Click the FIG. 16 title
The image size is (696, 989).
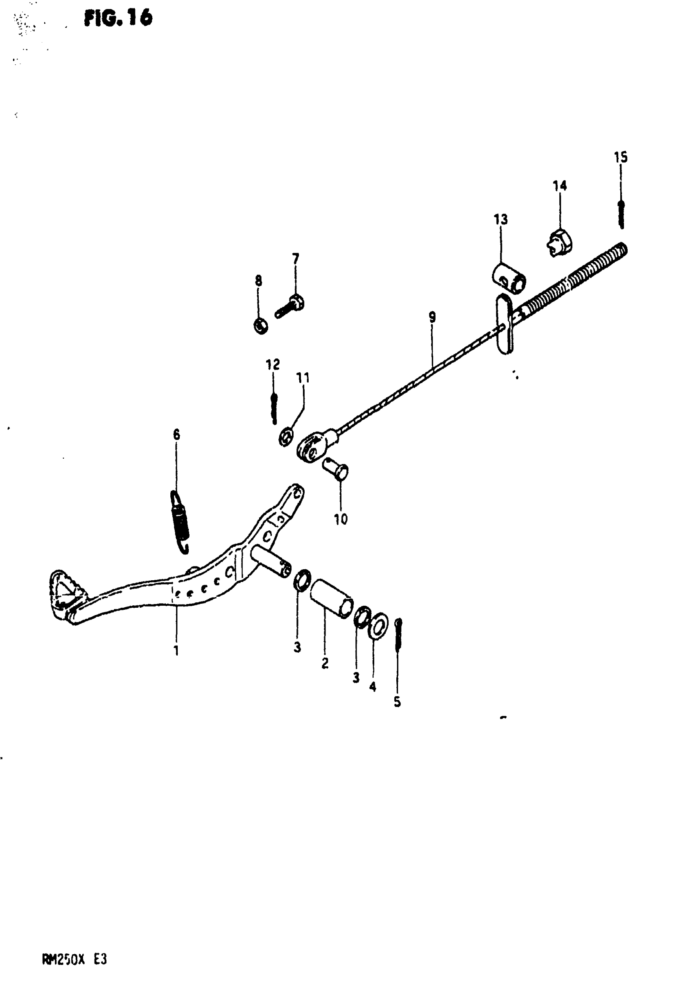pyautogui.click(x=118, y=18)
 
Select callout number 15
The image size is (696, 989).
pyautogui.click(x=621, y=157)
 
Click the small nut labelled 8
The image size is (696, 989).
pyautogui.click(x=260, y=326)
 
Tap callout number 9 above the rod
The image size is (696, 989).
pyautogui.click(x=432, y=317)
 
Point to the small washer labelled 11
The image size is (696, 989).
pyautogui.click(x=286, y=437)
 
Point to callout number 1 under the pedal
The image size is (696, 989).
pyautogui.click(x=176, y=650)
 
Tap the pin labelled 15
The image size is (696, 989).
pyautogui.click(x=621, y=214)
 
